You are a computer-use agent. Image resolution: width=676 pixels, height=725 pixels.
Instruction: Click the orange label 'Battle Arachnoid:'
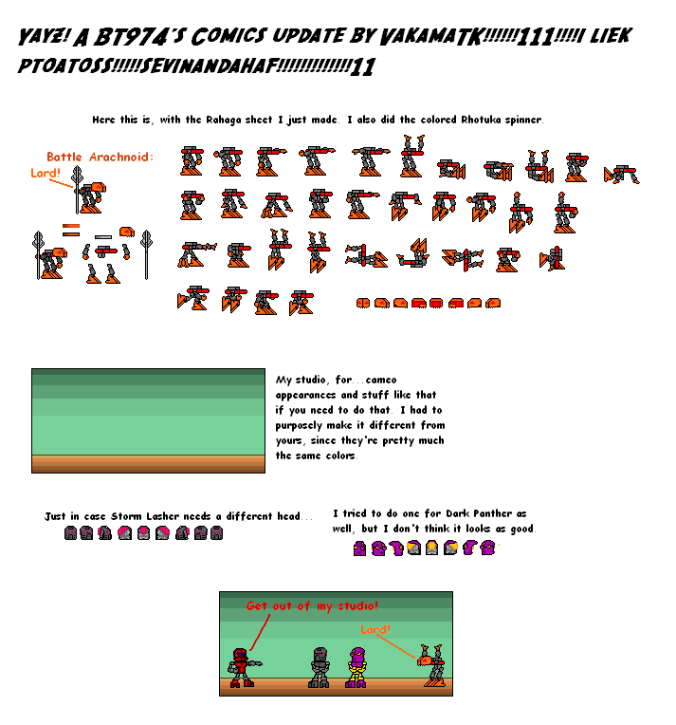100,157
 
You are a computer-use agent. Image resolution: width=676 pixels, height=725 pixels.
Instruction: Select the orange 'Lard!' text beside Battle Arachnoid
45,173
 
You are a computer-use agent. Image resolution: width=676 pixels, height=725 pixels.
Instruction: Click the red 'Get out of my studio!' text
312,605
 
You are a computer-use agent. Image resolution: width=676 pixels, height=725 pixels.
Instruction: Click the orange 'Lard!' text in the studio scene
375,629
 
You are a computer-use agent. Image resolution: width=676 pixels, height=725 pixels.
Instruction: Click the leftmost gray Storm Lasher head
70,533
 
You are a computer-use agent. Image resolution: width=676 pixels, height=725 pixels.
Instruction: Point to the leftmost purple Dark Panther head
359,548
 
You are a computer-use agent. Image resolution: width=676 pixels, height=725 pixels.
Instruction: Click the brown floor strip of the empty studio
148,463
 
